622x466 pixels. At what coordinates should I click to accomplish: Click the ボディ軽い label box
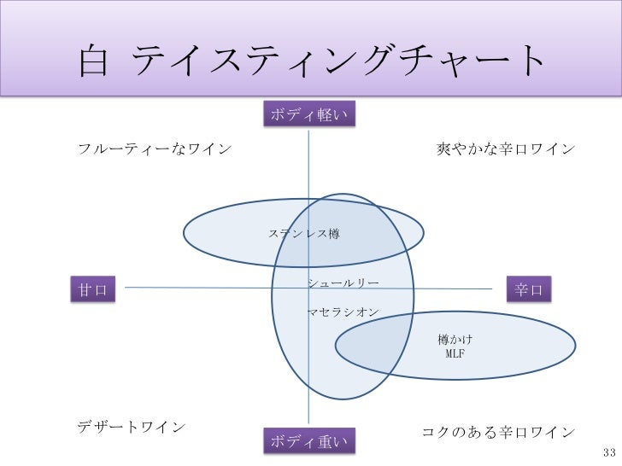click(308, 115)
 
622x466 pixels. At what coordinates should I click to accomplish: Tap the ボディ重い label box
click(309, 441)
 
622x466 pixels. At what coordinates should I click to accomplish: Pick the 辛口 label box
click(529, 289)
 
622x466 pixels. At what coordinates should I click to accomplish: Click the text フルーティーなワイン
click(155, 149)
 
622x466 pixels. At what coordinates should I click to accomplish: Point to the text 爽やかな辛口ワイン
click(506, 149)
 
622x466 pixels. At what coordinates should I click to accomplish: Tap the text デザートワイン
click(132, 426)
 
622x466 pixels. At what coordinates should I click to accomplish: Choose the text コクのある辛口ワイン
click(499, 432)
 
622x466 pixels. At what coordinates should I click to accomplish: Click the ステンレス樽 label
click(304, 233)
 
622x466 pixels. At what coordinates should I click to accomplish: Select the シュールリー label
click(343, 283)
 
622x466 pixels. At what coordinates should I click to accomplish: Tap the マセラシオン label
click(343, 313)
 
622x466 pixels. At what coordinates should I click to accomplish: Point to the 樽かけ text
click(455, 340)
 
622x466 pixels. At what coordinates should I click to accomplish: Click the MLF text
click(455, 353)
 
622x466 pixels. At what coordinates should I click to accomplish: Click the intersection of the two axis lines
click(308, 288)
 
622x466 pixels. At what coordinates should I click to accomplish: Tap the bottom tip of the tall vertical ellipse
click(343, 399)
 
